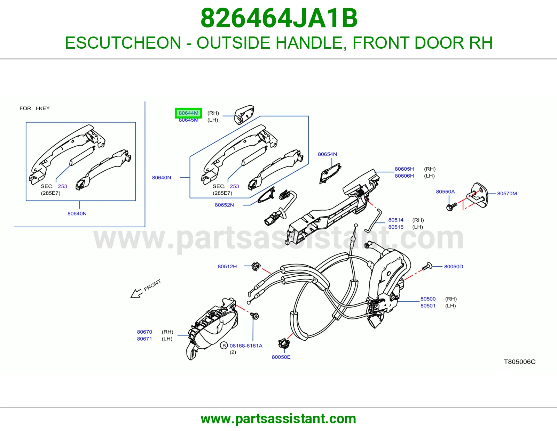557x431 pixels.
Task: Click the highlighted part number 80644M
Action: point(188,113)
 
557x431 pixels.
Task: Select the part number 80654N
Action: point(327,154)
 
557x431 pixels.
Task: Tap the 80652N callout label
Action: point(224,205)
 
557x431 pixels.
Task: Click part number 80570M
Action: point(507,194)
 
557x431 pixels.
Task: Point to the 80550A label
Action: point(445,192)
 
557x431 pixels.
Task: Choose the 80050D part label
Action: point(454,267)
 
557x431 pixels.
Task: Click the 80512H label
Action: point(227,267)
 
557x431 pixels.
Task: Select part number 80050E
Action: point(281,357)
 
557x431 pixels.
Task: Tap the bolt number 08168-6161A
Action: point(246,345)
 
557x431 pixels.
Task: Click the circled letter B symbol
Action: point(224,345)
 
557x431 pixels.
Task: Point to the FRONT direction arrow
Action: point(136,293)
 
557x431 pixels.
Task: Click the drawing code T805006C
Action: point(519,361)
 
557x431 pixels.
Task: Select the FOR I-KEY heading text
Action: point(34,108)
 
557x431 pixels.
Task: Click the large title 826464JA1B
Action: point(279,18)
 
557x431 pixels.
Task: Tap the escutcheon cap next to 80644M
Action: point(244,115)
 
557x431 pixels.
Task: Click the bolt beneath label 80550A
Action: point(452,206)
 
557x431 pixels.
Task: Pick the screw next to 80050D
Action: point(427,267)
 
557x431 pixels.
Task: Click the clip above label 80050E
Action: point(284,343)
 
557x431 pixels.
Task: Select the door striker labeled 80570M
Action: point(477,195)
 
